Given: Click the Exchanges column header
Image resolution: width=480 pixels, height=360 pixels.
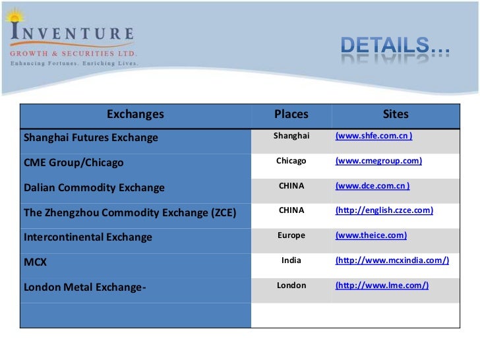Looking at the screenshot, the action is [135, 115].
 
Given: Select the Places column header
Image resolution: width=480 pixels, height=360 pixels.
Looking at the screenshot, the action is [291, 115].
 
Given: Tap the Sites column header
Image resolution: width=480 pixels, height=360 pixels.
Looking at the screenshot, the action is [396, 115].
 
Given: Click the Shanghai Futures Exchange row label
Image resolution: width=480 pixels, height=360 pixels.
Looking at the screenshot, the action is [91, 138].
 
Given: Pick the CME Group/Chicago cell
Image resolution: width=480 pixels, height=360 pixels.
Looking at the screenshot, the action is [73, 163].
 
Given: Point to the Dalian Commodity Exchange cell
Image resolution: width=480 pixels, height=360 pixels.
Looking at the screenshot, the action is [94, 188].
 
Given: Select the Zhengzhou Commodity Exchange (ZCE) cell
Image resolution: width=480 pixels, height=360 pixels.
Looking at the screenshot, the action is [130, 212].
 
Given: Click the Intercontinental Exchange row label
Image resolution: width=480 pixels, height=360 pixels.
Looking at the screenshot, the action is [88, 237].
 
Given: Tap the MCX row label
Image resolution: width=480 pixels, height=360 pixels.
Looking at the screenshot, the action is [36, 262].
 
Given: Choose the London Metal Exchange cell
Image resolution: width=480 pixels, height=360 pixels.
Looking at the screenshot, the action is [84, 287].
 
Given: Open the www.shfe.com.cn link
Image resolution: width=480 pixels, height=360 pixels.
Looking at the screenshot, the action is [374, 136].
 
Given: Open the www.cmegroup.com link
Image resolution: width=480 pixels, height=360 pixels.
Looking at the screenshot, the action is [378, 161].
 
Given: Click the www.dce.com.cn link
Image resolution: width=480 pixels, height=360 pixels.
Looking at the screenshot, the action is [373, 186].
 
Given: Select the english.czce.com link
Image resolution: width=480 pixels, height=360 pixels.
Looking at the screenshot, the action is [384, 210].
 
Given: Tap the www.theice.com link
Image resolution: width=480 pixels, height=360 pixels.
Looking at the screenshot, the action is [371, 235].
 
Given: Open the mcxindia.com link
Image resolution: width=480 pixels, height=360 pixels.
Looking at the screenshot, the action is [392, 260].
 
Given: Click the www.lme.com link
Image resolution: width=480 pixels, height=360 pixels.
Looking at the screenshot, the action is [382, 285].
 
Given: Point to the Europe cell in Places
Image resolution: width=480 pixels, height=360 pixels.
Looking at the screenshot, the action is [291, 235].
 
